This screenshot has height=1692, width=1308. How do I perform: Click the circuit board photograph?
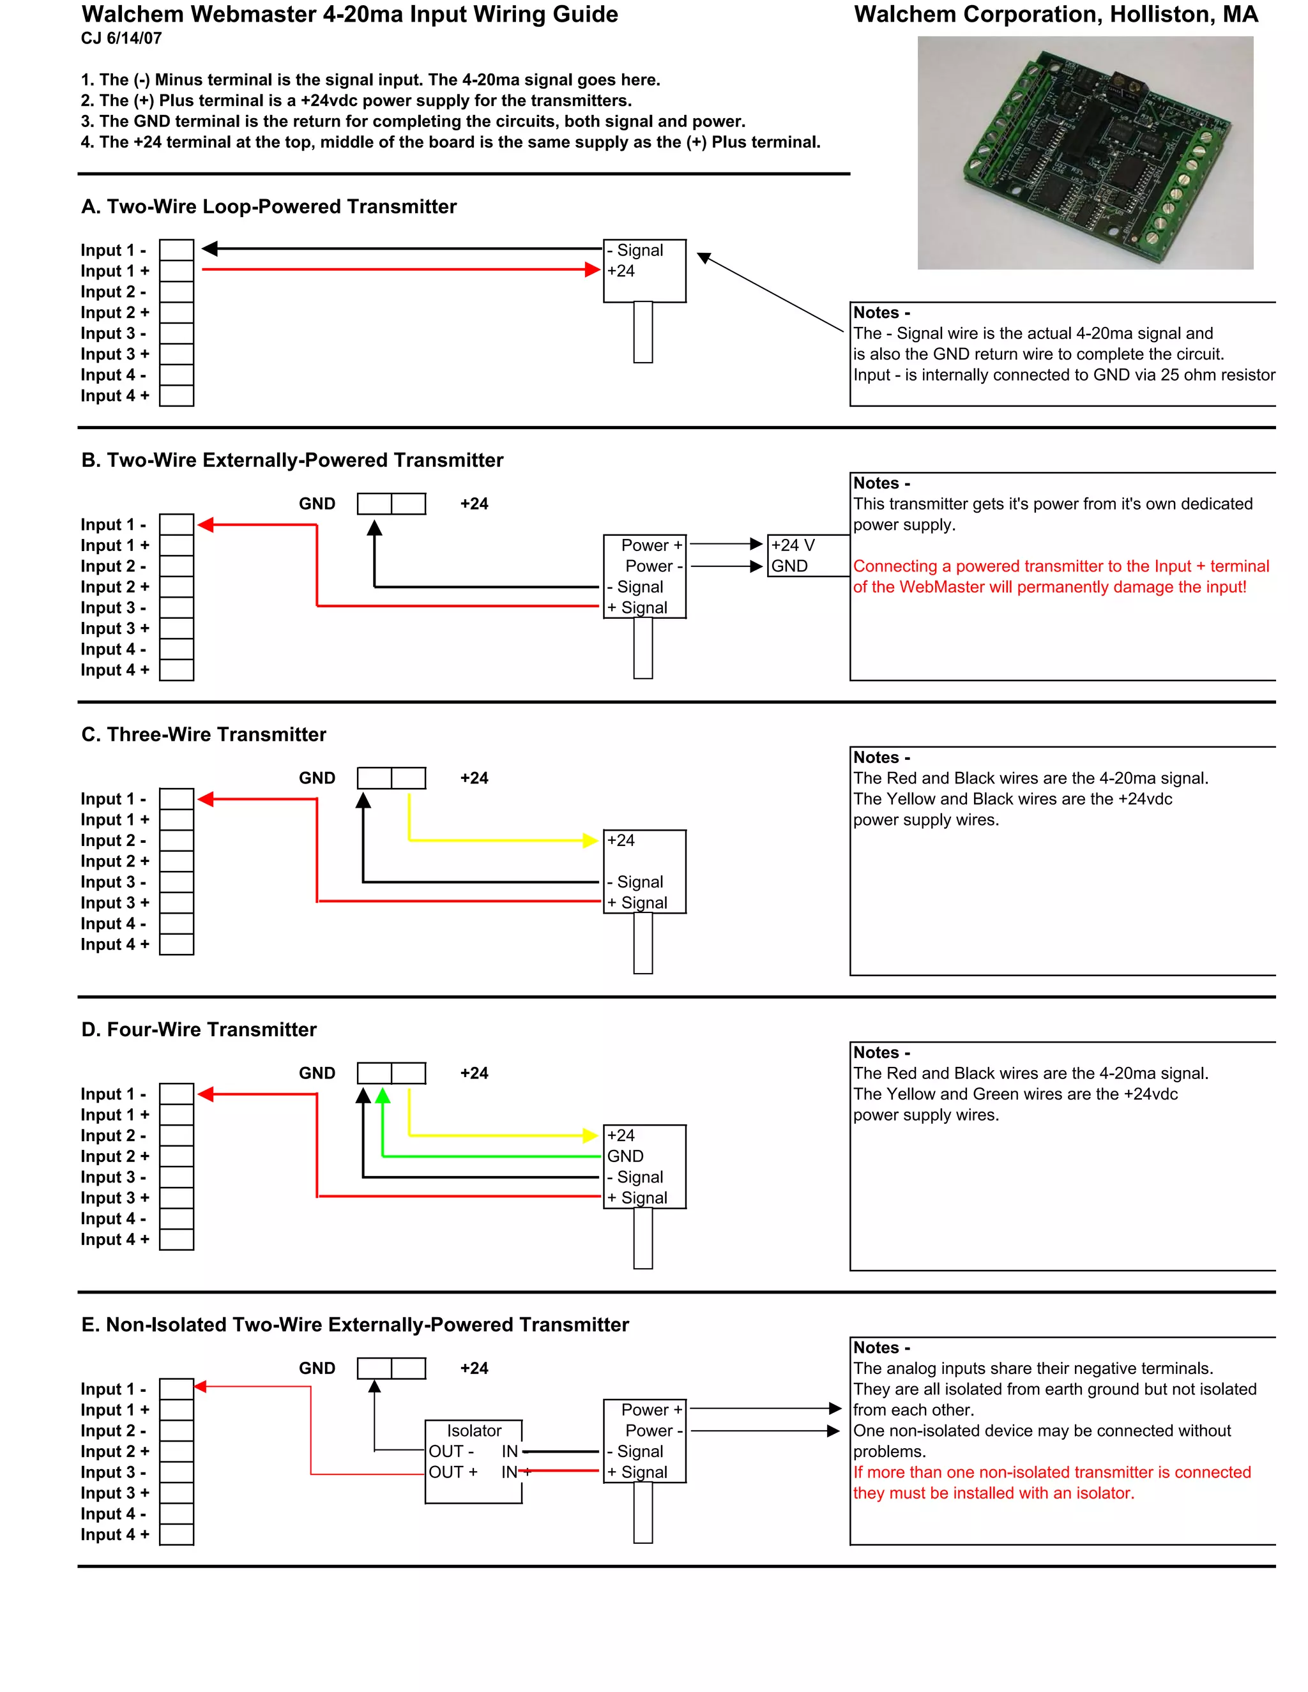(x=1085, y=153)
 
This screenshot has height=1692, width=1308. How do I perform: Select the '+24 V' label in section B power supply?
(x=793, y=545)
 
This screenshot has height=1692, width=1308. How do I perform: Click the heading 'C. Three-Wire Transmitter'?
(x=204, y=734)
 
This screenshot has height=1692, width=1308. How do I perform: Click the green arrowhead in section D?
(x=382, y=1096)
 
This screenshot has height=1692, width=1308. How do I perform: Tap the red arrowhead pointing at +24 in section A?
(x=593, y=269)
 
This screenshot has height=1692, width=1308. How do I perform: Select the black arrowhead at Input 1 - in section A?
(x=209, y=248)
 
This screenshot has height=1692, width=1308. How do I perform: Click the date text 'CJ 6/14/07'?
(x=121, y=38)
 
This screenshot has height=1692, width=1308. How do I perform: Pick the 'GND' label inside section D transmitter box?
(x=625, y=1156)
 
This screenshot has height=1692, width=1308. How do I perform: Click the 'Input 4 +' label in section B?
(x=115, y=670)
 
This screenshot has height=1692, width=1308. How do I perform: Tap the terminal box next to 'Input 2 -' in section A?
(x=177, y=292)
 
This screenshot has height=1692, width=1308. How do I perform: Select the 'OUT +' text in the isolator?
(x=453, y=1472)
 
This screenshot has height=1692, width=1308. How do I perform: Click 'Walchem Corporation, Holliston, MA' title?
(x=1055, y=15)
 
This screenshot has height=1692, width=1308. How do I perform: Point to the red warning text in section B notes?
(x=1060, y=577)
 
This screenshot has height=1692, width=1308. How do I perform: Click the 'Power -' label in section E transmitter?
(x=653, y=1431)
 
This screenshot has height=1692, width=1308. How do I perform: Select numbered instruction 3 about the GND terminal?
(x=412, y=121)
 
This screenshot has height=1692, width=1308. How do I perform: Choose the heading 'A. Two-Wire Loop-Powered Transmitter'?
(x=269, y=207)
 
